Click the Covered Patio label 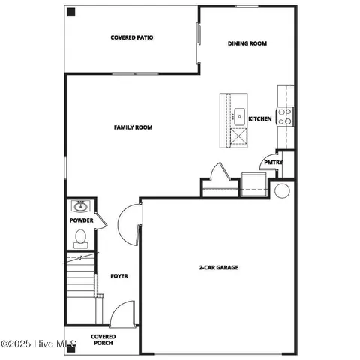click(x=132, y=37)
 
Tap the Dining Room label click(x=247, y=43)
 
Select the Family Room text click(x=133, y=127)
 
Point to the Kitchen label click(x=260, y=118)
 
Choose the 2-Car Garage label click(x=218, y=267)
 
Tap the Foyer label click(x=119, y=276)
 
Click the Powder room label click(x=81, y=220)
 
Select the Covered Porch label click(x=103, y=340)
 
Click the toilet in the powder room click(x=81, y=238)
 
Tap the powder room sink click(x=80, y=206)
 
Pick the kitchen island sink click(x=239, y=115)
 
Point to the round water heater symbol click(x=281, y=190)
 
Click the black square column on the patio click(x=70, y=12)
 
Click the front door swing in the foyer click(x=121, y=313)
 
